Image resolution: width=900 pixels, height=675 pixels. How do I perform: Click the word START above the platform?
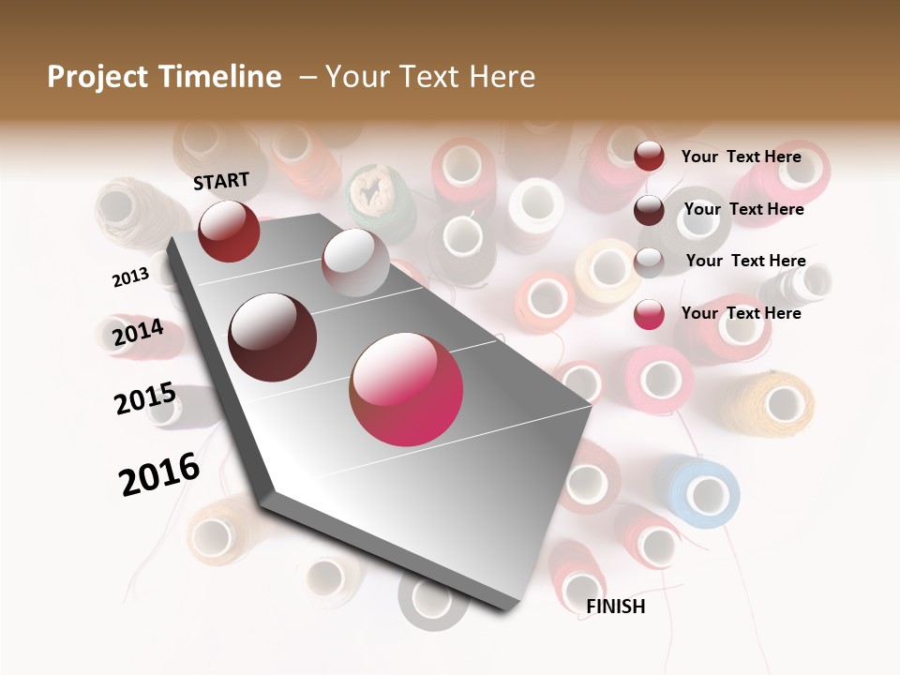click(x=221, y=181)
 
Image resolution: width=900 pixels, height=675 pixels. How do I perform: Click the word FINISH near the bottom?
click(x=616, y=607)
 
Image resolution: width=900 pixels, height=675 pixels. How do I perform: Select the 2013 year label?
click(x=130, y=277)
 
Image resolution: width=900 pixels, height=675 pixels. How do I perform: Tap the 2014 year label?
click(x=138, y=333)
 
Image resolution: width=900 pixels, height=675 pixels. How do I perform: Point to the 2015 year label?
click(x=145, y=398)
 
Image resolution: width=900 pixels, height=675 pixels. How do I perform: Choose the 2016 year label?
click(x=159, y=473)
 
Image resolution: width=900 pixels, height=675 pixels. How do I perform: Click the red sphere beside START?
click(x=229, y=231)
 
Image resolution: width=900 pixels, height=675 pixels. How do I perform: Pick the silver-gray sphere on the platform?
click(x=355, y=262)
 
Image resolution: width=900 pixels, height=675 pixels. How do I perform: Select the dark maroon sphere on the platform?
click(x=273, y=337)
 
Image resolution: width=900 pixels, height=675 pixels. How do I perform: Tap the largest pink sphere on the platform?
click(x=406, y=389)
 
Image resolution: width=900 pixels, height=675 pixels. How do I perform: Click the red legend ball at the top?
click(x=649, y=156)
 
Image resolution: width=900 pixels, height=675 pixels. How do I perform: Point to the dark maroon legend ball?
click(x=649, y=210)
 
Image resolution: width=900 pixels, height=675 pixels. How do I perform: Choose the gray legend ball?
click(x=649, y=262)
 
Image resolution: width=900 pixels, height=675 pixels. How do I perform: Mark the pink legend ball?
click(x=649, y=314)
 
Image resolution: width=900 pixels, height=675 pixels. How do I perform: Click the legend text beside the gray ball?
click(x=745, y=261)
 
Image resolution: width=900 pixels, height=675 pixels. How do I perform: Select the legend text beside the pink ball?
click(x=741, y=313)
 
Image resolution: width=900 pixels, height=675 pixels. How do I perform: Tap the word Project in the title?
click(x=96, y=77)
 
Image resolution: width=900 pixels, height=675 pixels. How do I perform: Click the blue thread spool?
click(x=699, y=490)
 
